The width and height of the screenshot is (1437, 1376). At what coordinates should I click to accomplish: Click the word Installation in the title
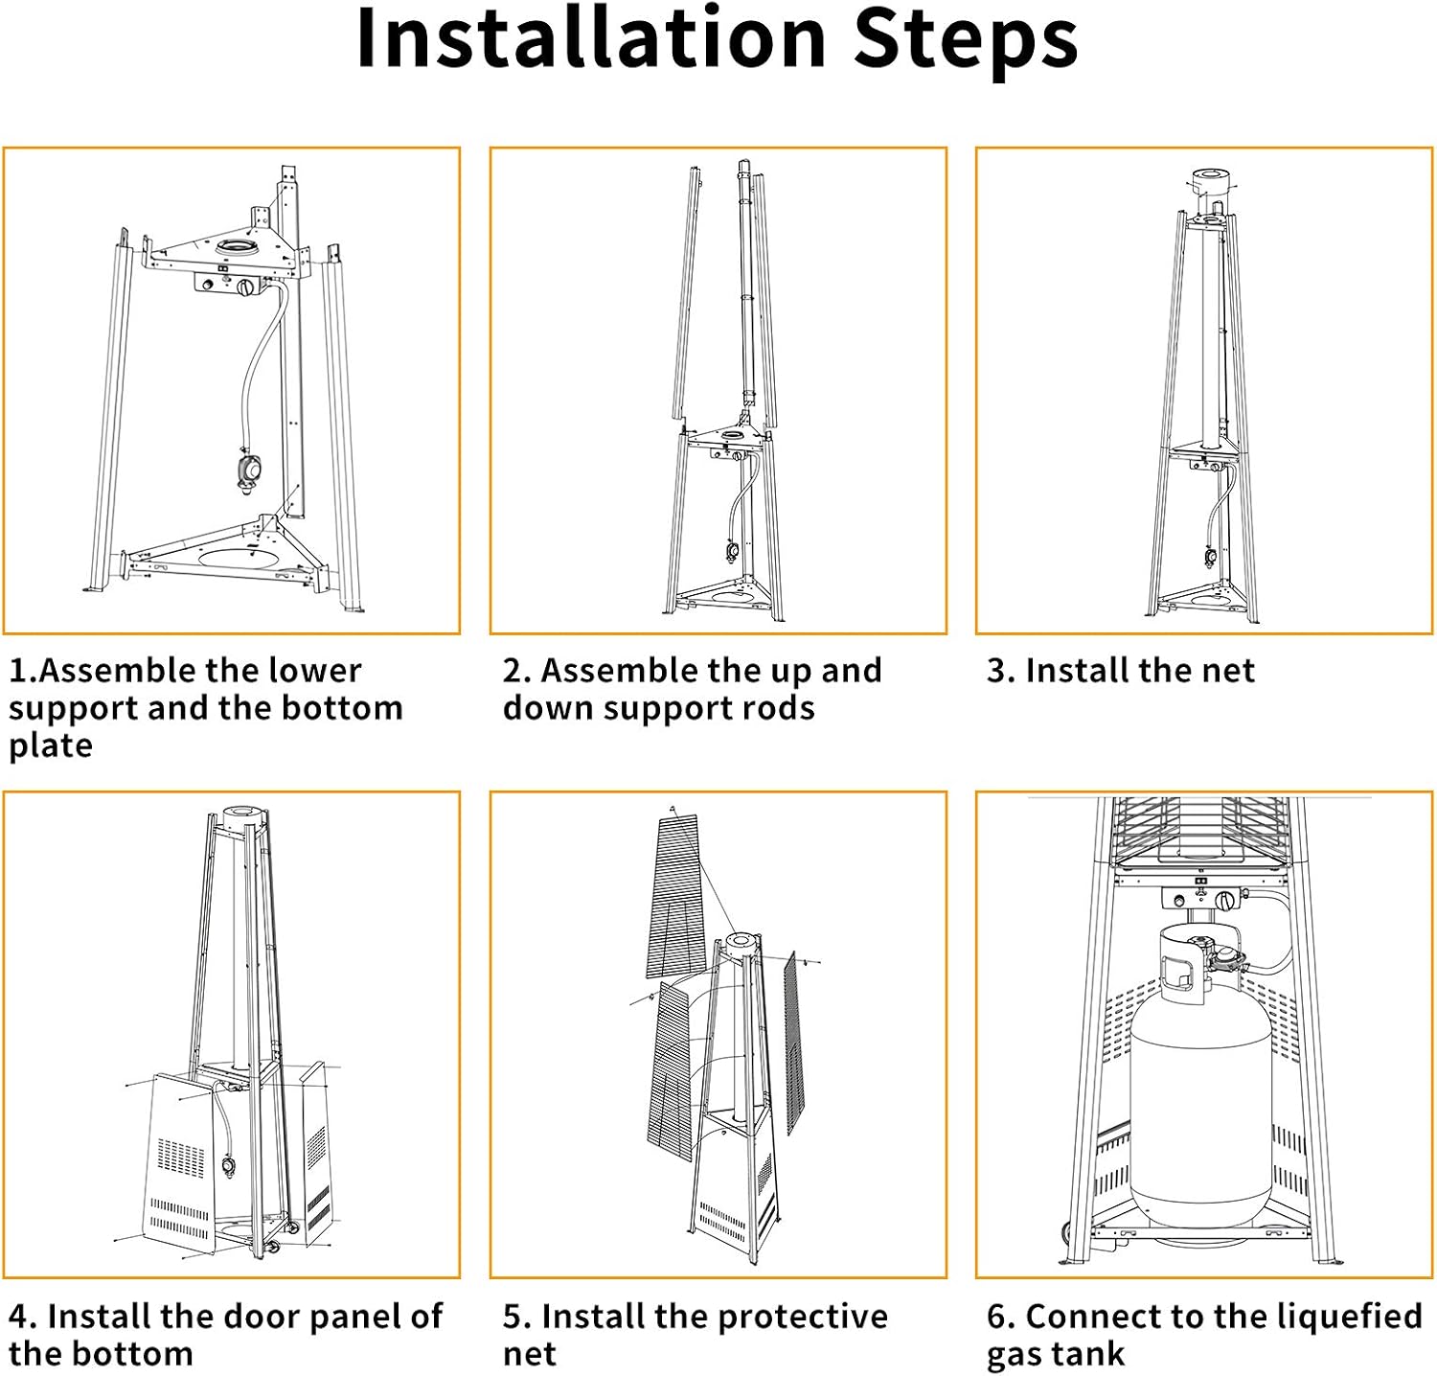point(591,38)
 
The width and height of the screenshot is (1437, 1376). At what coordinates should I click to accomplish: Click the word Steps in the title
point(966,43)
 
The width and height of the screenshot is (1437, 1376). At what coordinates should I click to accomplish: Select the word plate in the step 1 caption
point(51,746)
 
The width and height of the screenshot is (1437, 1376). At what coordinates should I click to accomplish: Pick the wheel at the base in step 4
point(272,1246)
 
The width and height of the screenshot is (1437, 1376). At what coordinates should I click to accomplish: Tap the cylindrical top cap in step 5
point(742,945)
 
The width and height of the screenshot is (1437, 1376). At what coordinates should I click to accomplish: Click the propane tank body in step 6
point(1200,1112)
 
